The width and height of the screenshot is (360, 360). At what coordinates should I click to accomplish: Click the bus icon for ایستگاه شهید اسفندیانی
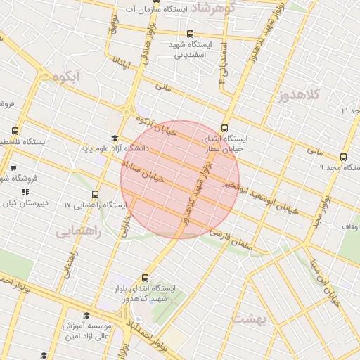point(189,33)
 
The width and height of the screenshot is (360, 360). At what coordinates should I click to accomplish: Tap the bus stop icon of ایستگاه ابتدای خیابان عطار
point(224,128)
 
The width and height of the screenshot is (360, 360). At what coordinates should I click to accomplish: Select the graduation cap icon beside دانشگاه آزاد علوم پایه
point(115,139)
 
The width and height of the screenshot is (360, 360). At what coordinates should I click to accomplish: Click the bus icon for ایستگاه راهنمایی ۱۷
point(96,195)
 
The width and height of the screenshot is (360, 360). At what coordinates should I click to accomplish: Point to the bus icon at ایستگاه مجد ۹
point(342,157)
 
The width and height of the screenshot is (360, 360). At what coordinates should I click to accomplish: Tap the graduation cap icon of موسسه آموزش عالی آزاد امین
point(86,316)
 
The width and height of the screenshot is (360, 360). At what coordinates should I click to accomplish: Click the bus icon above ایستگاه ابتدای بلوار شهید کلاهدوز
point(145,278)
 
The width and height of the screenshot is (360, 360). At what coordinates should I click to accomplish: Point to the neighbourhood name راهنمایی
point(79,230)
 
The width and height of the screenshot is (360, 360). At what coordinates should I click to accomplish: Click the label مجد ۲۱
point(349,111)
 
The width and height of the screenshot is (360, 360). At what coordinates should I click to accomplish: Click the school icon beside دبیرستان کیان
point(25,192)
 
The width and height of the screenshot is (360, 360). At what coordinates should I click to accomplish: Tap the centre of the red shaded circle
point(180,179)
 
